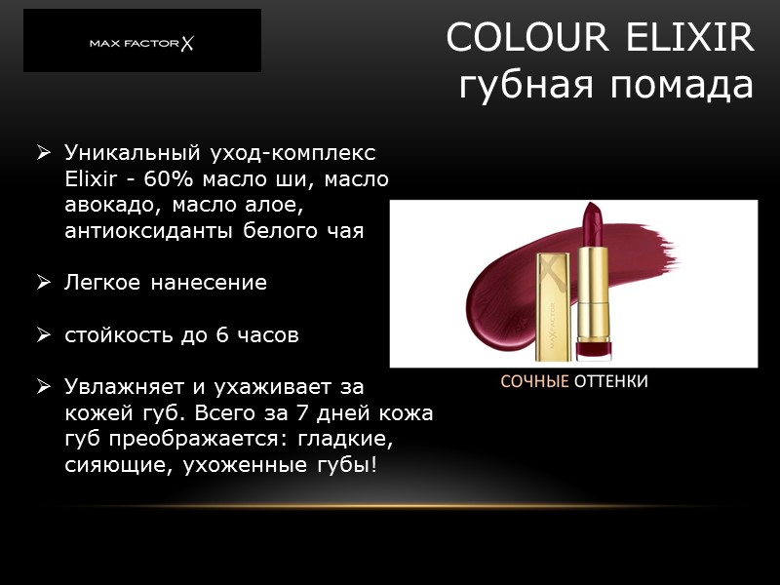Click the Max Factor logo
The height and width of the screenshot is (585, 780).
point(142,42)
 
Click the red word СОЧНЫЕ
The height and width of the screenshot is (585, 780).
point(534,381)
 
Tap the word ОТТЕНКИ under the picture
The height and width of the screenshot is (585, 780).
point(610,381)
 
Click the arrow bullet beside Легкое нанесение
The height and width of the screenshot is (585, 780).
point(44,284)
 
